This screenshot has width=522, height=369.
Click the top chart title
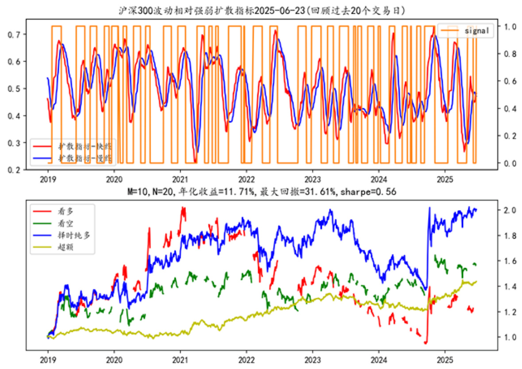pyautogui.click(x=261, y=10)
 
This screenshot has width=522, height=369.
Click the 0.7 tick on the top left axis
pyautogui.click(x=15, y=34)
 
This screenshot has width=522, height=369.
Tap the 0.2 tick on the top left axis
pyautogui.click(x=15, y=170)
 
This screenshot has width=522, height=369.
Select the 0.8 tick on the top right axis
pyautogui.click(x=505, y=54)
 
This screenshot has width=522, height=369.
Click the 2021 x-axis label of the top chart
pyautogui.click(x=180, y=181)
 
